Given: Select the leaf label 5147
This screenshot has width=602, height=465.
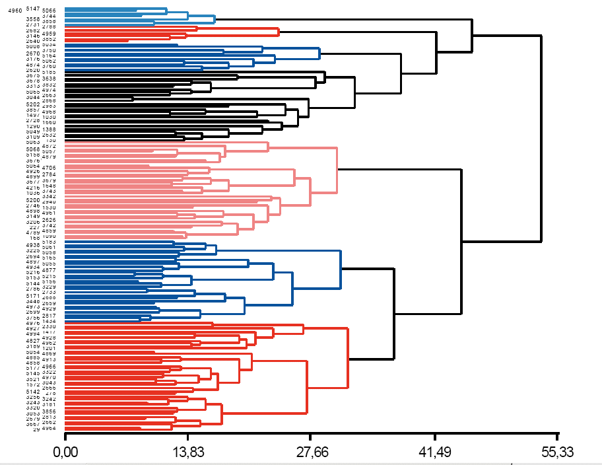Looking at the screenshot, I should click(x=32, y=8).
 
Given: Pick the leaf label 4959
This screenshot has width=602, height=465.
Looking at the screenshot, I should click(x=49, y=33).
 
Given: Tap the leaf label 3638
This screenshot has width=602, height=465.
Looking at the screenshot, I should click(x=49, y=79).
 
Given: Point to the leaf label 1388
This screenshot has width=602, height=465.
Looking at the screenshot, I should click(x=49, y=129).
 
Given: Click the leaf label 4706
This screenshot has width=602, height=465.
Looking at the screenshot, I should click(x=49, y=168).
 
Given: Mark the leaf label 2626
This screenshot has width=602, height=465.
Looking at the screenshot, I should click(x=49, y=219).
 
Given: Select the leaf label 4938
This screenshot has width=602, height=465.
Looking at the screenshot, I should click(x=32, y=245).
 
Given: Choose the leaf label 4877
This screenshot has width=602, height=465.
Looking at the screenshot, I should click(x=49, y=270).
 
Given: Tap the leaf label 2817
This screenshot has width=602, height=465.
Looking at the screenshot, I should click(x=49, y=316).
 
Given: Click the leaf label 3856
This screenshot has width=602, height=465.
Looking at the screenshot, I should click(x=49, y=411).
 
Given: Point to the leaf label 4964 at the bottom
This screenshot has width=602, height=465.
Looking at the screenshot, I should click(x=49, y=429).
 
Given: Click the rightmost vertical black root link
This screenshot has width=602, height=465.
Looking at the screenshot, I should click(x=541, y=139).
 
